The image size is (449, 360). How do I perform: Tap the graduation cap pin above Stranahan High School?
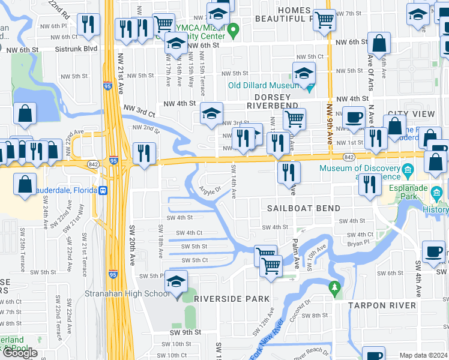click(x=176, y=282)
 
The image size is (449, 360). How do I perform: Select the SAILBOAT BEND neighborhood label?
click(x=304, y=208)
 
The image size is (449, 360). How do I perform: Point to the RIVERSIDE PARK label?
click(x=229, y=299)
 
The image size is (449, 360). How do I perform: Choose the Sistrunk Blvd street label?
click(x=76, y=49)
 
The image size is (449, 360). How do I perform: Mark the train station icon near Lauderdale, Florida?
click(x=103, y=191)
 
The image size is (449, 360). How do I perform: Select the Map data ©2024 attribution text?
click(x=423, y=355)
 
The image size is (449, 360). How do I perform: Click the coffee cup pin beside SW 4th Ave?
click(x=433, y=252)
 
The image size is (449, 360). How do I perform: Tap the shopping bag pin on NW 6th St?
click(x=379, y=43)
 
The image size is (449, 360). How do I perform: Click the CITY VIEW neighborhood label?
click(x=411, y=114)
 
